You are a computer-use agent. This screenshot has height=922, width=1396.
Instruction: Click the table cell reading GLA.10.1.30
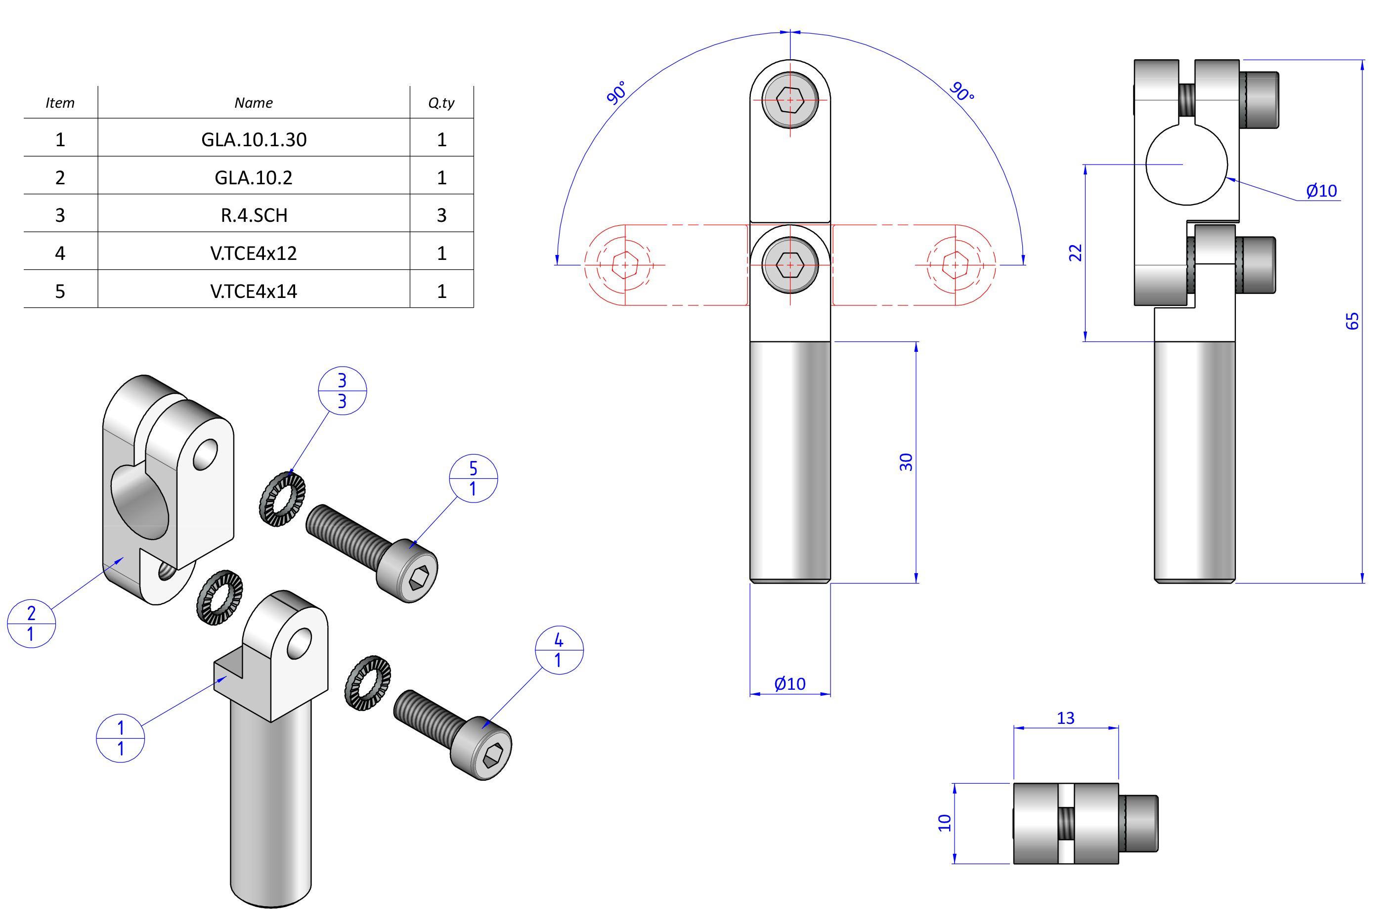coord(254,139)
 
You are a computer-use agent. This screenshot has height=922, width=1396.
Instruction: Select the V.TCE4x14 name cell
coord(254,291)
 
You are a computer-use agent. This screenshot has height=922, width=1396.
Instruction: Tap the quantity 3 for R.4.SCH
coord(441,215)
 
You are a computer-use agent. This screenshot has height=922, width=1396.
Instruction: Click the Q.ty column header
coord(441,103)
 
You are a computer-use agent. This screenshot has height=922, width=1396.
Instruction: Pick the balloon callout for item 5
coord(473,478)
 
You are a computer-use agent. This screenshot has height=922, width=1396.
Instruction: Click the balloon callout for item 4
coord(559,650)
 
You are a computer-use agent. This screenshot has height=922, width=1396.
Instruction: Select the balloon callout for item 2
coord(31,623)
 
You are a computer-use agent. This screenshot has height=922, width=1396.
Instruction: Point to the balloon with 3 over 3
coord(342,391)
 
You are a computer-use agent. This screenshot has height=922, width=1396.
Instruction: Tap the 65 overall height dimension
coord(1352,321)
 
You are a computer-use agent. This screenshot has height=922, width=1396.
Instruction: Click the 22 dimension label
coord(1075,253)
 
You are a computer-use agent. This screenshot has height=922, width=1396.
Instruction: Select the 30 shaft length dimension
coord(906,462)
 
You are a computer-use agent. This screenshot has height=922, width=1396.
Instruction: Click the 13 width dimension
coord(1065,718)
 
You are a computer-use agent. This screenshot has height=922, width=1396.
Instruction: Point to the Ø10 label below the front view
coord(789,684)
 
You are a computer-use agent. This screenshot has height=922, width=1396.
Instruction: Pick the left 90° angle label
coord(616,92)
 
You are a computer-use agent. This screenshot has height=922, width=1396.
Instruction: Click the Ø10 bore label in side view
coord(1321,191)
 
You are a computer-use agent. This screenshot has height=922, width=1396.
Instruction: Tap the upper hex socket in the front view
coord(790,100)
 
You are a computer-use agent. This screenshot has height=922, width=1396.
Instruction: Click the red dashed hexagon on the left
coord(625,265)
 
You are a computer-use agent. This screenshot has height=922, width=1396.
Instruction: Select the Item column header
coord(60,103)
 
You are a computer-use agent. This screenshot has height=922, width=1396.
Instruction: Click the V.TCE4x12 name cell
coord(254,253)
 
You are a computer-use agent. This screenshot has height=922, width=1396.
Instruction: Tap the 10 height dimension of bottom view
coord(944,823)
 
